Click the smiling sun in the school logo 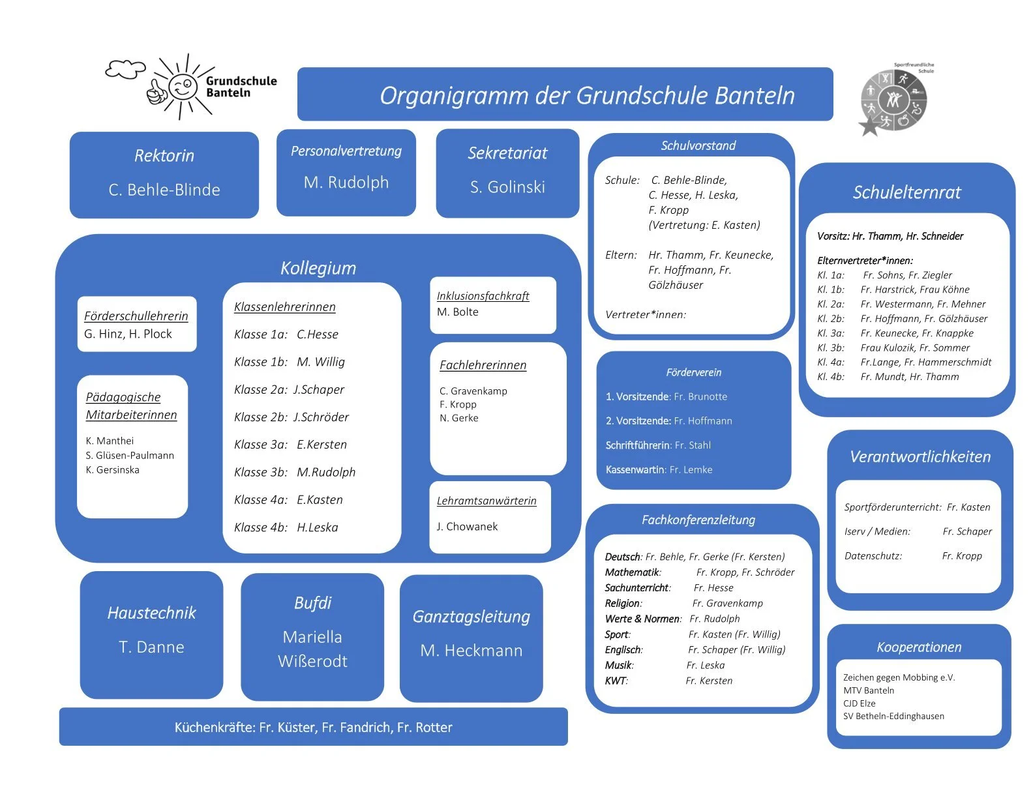tap(182, 87)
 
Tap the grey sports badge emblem tap(894, 100)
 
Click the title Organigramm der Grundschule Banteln tap(587, 96)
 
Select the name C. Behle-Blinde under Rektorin tap(164, 190)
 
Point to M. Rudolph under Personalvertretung tap(346, 183)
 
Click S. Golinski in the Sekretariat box tap(507, 187)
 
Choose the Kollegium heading tap(318, 268)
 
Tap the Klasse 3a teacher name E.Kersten tap(322, 445)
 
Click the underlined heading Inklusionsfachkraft tap(483, 296)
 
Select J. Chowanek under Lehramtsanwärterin tap(467, 527)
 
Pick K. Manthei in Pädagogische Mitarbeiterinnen tap(110, 441)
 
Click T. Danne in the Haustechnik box tap(151, 647)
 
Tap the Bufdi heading tap(312, 603)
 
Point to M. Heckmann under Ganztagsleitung tap(471, 651)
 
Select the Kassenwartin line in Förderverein tap(659, 470)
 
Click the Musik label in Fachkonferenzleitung tap(619, 666)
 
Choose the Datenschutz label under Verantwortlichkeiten tap(873, 556)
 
